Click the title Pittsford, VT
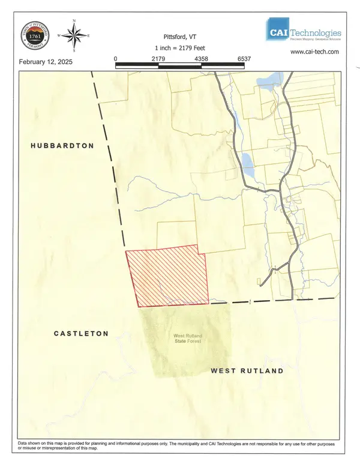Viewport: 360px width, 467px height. point(180,36)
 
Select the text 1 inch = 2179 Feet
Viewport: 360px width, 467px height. point(180,47)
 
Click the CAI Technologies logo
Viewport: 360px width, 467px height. point(304,32)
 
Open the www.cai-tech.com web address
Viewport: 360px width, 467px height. point(315,52)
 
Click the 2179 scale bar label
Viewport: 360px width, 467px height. point(158,59)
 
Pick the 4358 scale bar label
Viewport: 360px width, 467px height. point(202,59)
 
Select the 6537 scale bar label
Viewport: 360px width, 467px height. point(244,59)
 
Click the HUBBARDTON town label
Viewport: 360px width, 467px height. point(62,146)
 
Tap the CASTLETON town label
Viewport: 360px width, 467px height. point(81,333)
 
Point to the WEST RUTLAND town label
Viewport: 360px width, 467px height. point(247,371)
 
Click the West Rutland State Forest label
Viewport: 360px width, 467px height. point(187,339)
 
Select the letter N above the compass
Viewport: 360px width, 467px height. point(74,21)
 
